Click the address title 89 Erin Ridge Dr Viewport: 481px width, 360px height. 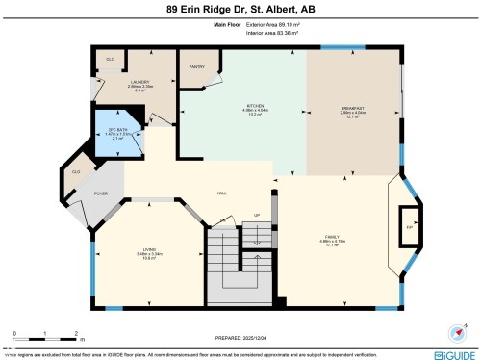[240, 9]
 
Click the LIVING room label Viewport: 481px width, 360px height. [148, 251]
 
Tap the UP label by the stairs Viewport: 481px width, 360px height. [257, 215]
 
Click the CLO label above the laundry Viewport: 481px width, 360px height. [111, 59]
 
